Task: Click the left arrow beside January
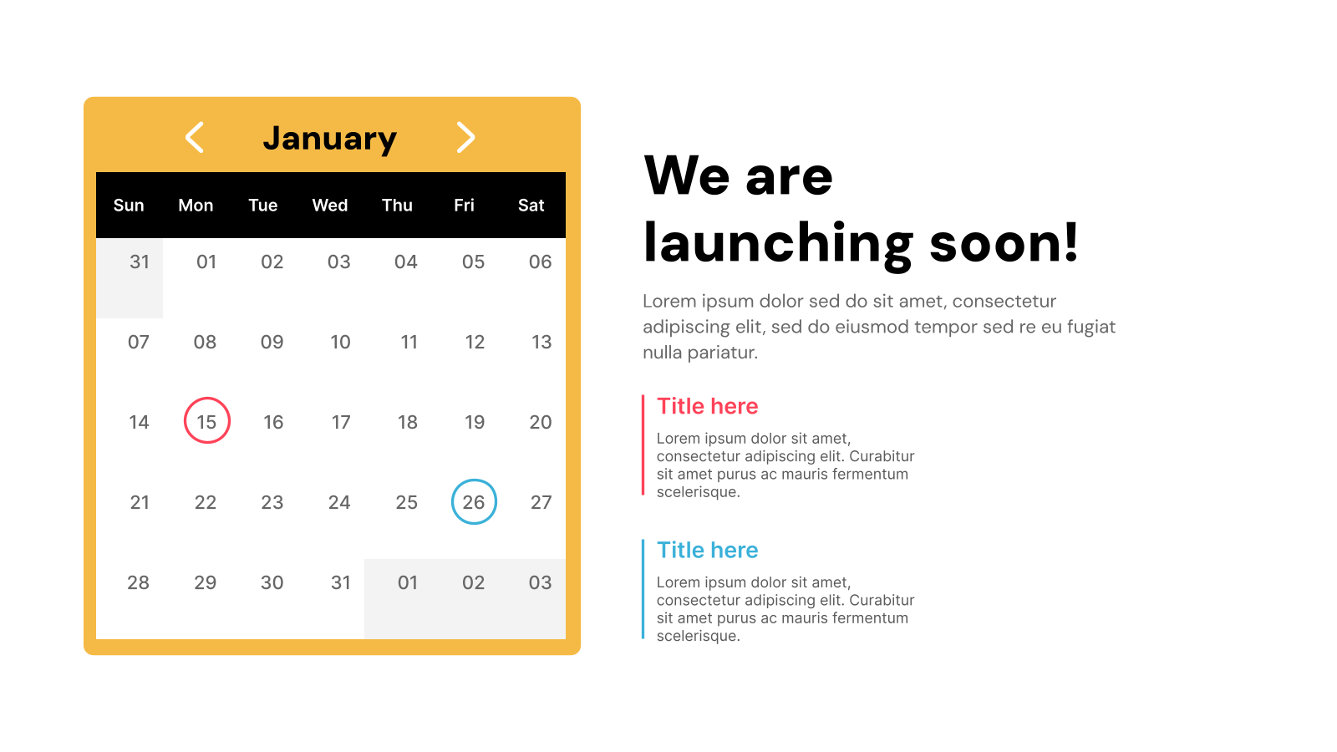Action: pos(195,138)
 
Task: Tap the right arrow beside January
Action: pos(465,138)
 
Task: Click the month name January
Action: pos(330,139)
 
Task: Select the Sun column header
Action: pos(129,206)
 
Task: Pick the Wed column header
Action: pos(330,206)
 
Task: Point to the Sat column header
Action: pos(531,206)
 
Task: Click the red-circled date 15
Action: pos(206,421)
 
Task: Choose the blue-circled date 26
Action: pos(474,502)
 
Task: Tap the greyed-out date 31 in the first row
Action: pos(139,262)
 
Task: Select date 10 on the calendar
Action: pos(340,343)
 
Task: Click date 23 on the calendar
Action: pos(272,502)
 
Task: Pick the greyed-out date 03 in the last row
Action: pos(540,582)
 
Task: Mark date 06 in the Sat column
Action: pos(540,262)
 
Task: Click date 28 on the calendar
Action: pos(139,582)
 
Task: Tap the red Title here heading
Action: pos(708,406)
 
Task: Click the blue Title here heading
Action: pos(708,550)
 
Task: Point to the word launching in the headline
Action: pos(778,244)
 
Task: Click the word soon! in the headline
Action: pos(1004,244)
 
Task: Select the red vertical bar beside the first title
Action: pos(643,445)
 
